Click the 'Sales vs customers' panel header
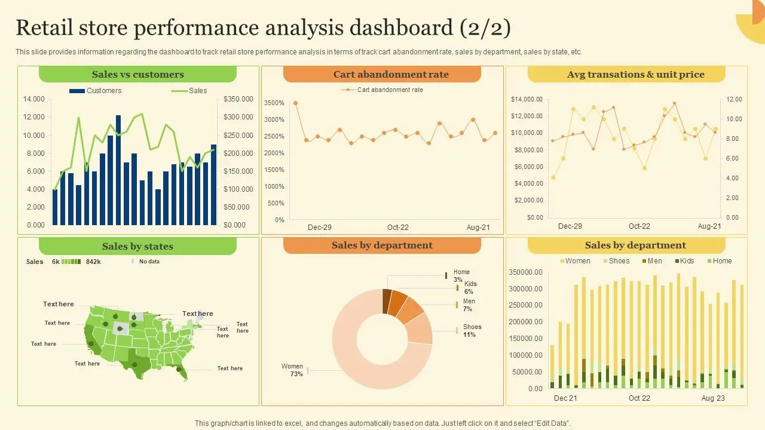[x=137, y=75]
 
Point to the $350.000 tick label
[x=238, y=99]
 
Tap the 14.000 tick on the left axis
[x=34, y=99]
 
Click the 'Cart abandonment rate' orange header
[x=382, y=75]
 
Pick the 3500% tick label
[x=274, y=103]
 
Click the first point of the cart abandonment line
[x=295, y=103]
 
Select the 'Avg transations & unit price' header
[x=626, y=75]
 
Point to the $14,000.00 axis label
[x=527, y=99]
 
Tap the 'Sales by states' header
[x=137, y=246]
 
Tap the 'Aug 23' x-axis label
[x=712, y=398]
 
